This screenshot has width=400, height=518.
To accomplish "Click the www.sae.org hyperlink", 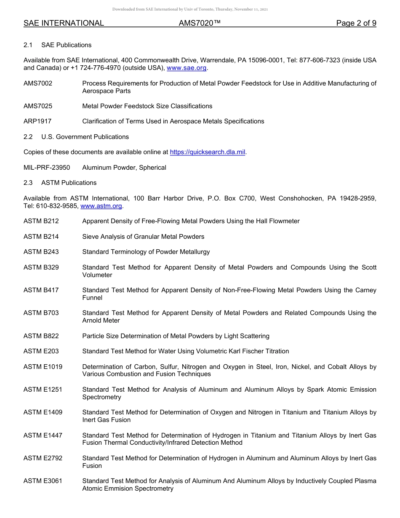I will coord(187,68).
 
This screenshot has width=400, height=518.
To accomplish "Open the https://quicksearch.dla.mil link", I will coord(207,152).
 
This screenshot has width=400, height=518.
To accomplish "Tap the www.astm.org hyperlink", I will coord(101,206).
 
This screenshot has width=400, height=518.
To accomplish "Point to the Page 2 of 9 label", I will coord(356,23).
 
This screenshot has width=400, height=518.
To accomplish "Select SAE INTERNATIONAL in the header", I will coord(64,23).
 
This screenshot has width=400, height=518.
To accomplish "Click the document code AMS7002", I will coord(38,83).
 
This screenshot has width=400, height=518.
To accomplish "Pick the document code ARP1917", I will coord(37,121).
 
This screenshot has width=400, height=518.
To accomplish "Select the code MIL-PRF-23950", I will coord(47,168).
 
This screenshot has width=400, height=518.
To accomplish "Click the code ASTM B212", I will coord(41,221).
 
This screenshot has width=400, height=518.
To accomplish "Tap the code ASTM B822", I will coord(41,336).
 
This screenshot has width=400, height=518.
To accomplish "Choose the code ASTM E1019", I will coord(43,367).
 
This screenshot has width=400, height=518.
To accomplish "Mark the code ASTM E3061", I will coord(43,481).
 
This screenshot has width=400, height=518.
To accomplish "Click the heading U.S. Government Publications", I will coord(85,137).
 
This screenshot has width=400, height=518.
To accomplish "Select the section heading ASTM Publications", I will coord(69,183).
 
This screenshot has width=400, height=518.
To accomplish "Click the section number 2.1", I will coord(28,45).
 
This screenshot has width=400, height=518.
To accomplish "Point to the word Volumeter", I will coord(97,275).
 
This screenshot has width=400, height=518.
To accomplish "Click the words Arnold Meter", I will coord(101,320).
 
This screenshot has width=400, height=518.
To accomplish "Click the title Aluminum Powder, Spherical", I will coord(124,168).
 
